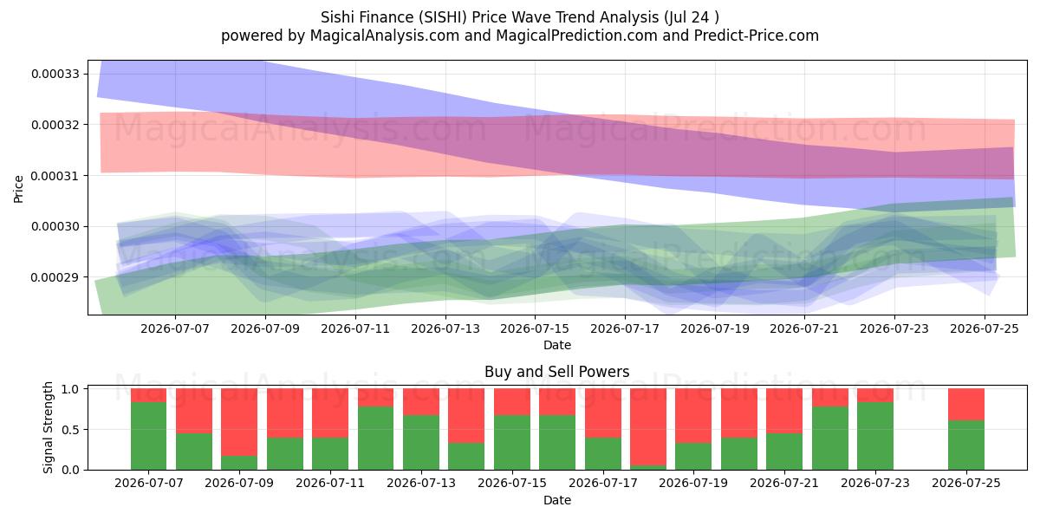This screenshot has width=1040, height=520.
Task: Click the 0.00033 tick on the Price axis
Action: click(55, 74)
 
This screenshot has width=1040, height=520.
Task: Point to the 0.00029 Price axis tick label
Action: click(55, 277)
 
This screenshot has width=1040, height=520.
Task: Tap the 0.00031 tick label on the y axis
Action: click(55, 176)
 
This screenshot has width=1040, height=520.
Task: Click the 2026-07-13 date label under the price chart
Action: click(445, 328)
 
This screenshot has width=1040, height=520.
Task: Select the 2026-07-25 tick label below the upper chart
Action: click(985, 328)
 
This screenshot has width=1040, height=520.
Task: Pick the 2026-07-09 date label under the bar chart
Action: click(239, 483)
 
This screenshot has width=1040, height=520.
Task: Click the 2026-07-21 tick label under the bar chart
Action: click(784, 483)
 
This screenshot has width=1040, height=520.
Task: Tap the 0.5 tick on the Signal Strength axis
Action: click(71, 430)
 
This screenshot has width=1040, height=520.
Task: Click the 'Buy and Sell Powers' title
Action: click(556, 372)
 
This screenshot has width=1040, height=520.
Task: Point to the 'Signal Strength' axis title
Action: click(48, 427)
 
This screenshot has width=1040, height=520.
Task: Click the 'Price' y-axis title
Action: click(18, 189)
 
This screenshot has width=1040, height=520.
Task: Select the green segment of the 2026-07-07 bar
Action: click(148, 436)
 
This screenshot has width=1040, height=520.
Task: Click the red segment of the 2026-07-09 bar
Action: click(239, 422)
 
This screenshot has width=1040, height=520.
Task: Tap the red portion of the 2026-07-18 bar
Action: click(648, 427)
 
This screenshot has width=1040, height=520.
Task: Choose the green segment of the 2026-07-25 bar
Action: click(966, 445)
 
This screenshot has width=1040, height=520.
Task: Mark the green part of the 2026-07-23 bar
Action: click(875, 436)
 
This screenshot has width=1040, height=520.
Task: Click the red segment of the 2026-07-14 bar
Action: click(466, 415)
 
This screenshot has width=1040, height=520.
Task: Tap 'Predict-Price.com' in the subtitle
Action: click(757, 36)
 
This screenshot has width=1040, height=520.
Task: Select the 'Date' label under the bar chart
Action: click(557, 500)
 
